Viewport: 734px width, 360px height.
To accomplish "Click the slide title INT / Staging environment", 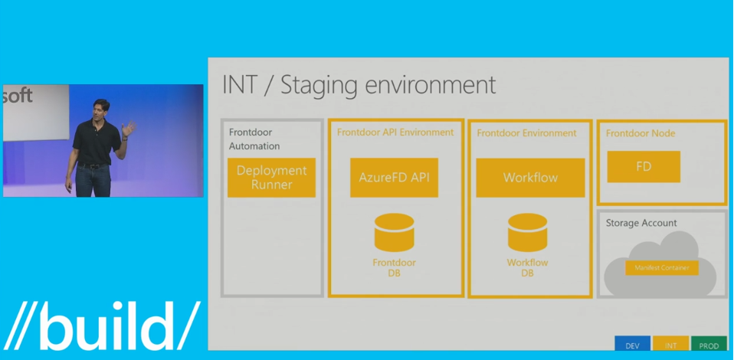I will (359, 84).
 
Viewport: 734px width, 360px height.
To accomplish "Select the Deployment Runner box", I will (271, 178).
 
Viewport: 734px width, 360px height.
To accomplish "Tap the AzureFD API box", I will (394, 178).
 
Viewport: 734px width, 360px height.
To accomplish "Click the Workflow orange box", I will (530, 178).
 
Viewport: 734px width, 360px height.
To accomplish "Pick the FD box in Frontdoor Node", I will (644, 166).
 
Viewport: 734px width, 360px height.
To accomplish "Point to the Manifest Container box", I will (661, 268).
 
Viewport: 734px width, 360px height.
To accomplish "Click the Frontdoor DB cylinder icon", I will (394, 233).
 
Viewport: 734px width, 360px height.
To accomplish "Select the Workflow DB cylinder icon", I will (528, 233).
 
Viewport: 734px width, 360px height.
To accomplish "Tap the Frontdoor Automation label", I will (254, 139).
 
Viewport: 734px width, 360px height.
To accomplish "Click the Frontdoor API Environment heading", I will (395, 133).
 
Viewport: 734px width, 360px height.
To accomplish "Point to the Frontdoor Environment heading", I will (526, 133).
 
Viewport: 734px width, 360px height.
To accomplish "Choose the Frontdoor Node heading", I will (641, 133).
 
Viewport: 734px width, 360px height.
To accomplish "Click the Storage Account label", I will (641, 223).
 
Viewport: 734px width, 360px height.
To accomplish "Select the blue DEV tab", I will (632, 345).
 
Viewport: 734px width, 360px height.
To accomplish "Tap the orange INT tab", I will (670, 345).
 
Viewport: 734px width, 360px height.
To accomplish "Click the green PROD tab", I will (709, 345).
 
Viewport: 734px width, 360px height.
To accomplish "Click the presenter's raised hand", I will (128, 127).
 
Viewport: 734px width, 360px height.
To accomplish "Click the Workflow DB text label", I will (528, 268).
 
